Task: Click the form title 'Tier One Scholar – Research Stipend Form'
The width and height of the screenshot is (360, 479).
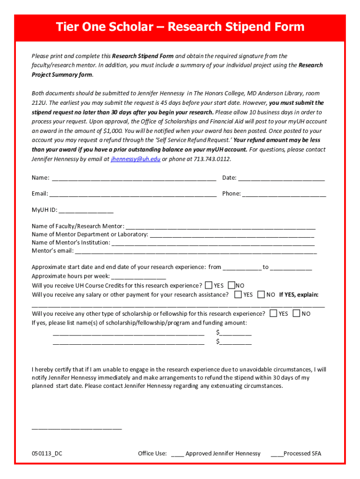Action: point(180,27)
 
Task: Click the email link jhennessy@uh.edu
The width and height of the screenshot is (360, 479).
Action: point(136,159)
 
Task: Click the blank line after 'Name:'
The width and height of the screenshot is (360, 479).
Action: point(134,178)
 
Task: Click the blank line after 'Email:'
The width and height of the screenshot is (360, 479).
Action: point(133,194)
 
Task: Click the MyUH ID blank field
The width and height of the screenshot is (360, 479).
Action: point(86,210)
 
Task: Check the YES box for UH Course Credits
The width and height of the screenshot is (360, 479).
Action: point(208,285)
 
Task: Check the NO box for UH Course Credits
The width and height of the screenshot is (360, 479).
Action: point(231,285)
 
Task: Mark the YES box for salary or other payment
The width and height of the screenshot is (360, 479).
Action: point(238,295)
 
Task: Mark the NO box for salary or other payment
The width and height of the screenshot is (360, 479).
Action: point(261,295)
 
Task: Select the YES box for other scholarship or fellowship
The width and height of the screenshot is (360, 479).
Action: point(274,313)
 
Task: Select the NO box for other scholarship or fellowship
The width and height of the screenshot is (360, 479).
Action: point(296,313)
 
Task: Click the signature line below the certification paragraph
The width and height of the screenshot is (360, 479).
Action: point(77,427)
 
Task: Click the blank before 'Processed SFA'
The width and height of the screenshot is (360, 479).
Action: point(277,454)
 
